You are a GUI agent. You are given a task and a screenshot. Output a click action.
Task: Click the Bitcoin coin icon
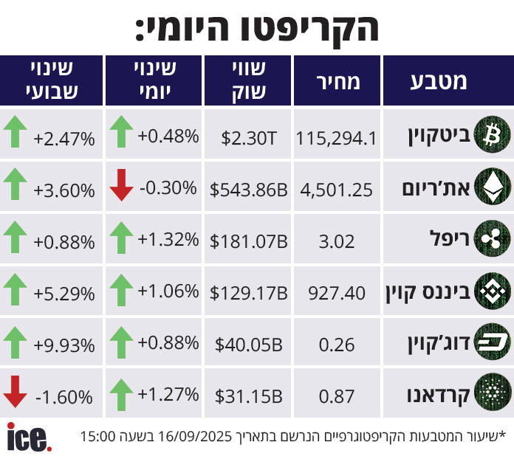click(487, 134)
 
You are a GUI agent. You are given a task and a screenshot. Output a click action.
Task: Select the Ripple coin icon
click(487, 240)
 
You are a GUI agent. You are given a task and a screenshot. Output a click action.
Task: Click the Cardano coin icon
click(487, 395)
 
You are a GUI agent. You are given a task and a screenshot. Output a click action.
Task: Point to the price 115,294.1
click(337, 137)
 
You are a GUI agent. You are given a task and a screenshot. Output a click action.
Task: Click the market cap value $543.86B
click(249, 190)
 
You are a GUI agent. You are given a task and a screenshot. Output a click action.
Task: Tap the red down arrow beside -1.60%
click(16, 391)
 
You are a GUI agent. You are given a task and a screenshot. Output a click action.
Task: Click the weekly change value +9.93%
click(64, 345)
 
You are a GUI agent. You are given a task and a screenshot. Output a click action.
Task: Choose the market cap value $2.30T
click(249, 137)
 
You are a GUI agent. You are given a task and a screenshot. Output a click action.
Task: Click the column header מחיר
click(337, 81)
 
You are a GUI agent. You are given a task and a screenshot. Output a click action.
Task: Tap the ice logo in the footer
click(28, 437)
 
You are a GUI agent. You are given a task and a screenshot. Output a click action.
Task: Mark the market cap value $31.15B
click(249, 396)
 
